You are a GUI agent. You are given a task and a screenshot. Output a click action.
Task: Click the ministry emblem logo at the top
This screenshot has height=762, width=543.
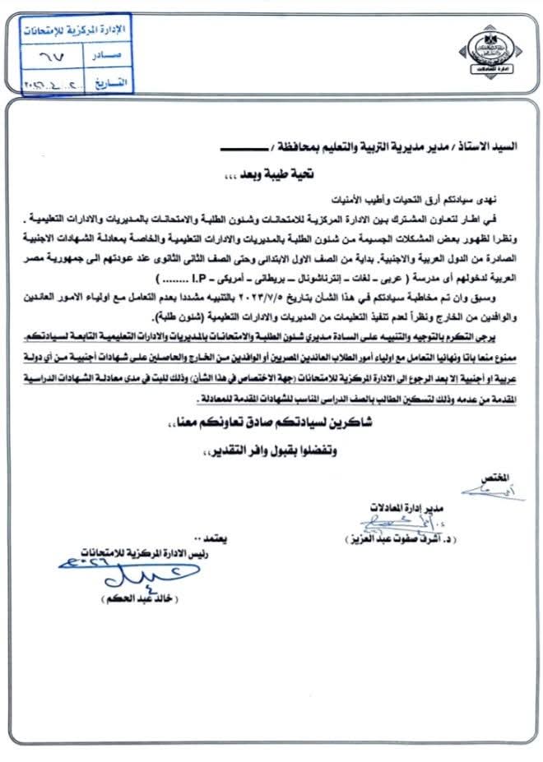click(486, 51)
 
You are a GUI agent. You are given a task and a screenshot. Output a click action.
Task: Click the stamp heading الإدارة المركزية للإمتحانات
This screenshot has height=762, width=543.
click(70, 30)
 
